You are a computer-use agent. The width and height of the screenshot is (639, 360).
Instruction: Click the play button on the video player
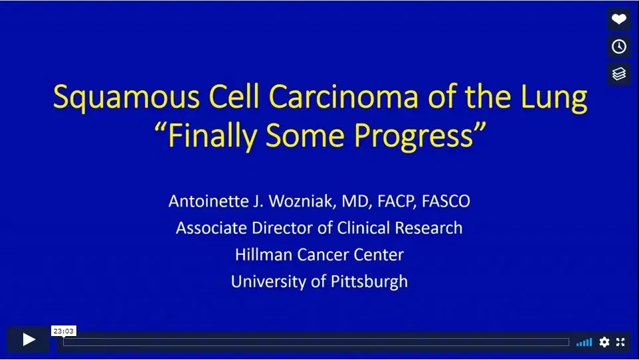click(29, 340)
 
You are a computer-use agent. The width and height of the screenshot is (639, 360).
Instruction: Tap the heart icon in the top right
click(619, 19)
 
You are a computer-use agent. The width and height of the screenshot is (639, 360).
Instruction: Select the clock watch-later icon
click(619, 46)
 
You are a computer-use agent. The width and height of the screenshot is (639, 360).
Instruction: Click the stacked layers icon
click(619, 74)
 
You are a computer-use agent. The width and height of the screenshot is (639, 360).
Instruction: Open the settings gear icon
click(604, 342)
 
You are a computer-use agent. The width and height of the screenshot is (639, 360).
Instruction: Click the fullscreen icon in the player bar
click(620, 342)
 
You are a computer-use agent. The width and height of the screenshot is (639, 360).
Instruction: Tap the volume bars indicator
click(585, 342)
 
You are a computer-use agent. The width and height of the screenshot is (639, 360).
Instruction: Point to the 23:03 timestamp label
click(64, 331)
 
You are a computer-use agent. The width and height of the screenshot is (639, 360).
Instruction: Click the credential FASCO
click(446, 201)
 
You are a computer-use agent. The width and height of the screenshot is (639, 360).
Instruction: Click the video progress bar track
click(316, 342)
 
